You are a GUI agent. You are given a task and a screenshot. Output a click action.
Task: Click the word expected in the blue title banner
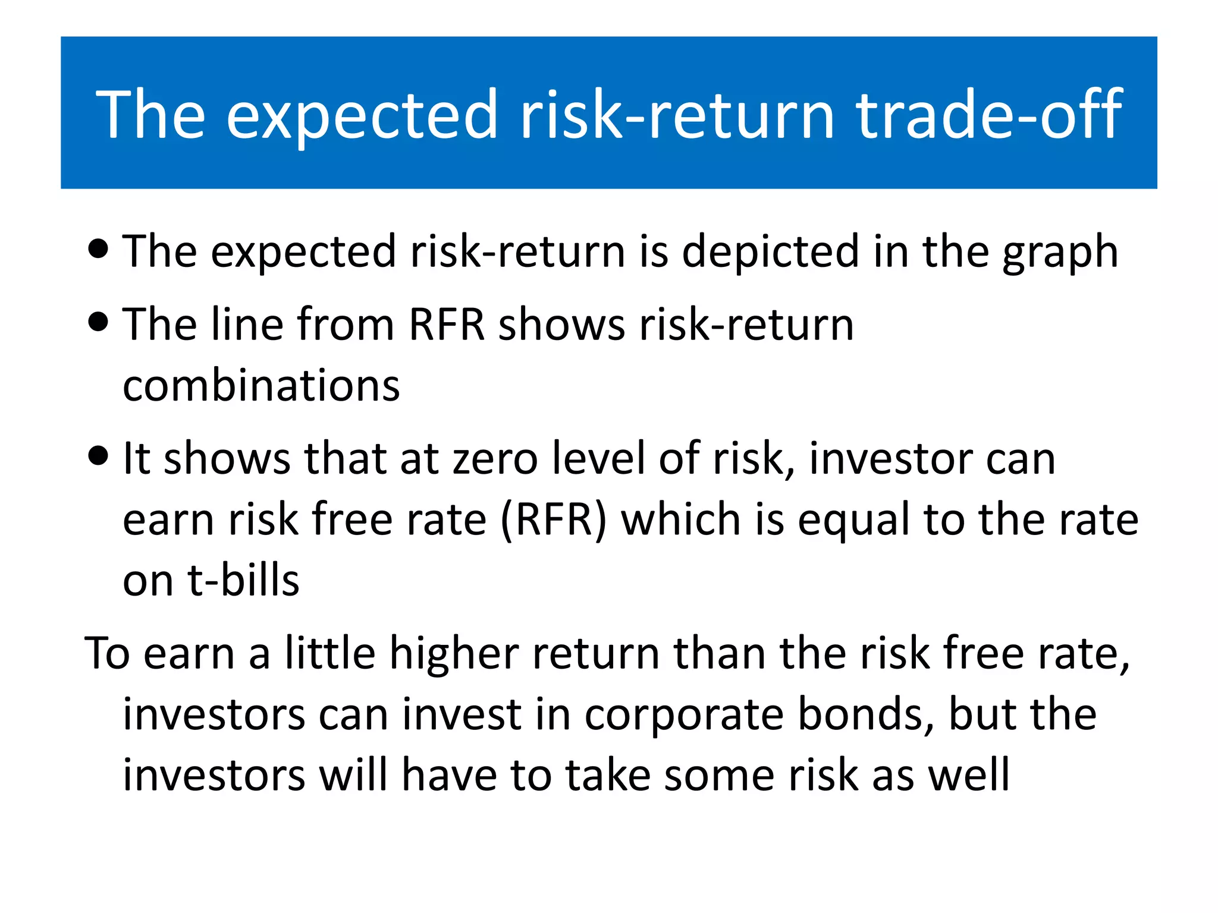(x=361, y=114)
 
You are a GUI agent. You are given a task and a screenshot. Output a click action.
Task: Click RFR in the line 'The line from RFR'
(x=447, y=325)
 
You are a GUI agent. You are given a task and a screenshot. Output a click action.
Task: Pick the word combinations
(x=261, y=386)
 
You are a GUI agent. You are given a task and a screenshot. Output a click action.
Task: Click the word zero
(x=495, y=459)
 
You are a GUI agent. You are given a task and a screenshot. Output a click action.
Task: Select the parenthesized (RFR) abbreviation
(x=553, y=520)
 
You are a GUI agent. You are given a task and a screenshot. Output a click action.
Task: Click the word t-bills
(x=243, y=581)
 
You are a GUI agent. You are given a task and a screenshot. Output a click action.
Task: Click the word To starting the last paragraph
(x=108, y=654)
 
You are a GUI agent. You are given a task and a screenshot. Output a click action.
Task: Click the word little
(x=330, y=654)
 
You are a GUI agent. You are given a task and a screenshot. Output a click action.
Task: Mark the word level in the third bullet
(x=598, y=459)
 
